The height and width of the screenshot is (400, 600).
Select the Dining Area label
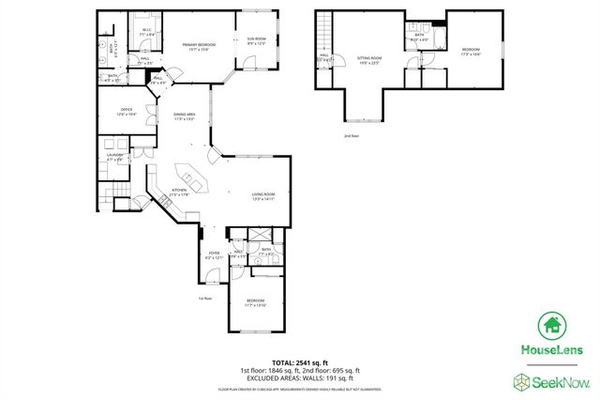pyautogui.click(x=184, y=116)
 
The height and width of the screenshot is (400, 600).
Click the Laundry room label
pyautogui.click(x=114, y=158)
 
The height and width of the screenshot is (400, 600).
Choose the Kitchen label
pyautogui.click(x=179, y=192)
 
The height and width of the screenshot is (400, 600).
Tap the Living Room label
pyautogui.click(x=262, y=197)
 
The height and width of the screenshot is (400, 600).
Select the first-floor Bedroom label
pyautogui.click(x=256, y=303)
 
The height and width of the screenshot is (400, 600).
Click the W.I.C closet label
pyautogui.click(x=147, y=33)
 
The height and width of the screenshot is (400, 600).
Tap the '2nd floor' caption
pyautogui.click(x=352, y=136)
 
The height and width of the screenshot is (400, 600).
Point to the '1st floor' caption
pyautogui.click(x=205, y=298)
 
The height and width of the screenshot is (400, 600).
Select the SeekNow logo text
pyautogui.click(x=561, y=381)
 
